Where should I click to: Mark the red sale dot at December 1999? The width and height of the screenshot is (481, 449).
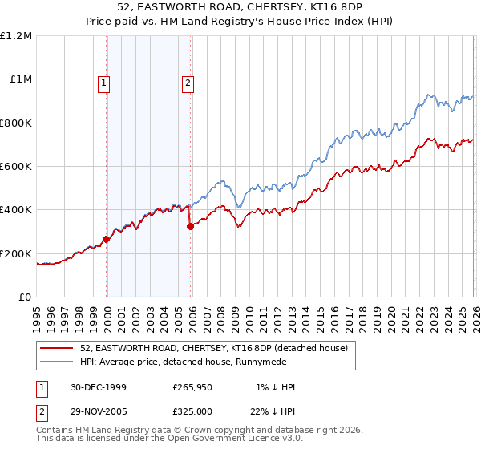(x=107, y=239)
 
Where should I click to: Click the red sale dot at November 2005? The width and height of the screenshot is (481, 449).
(x=190, y=226)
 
